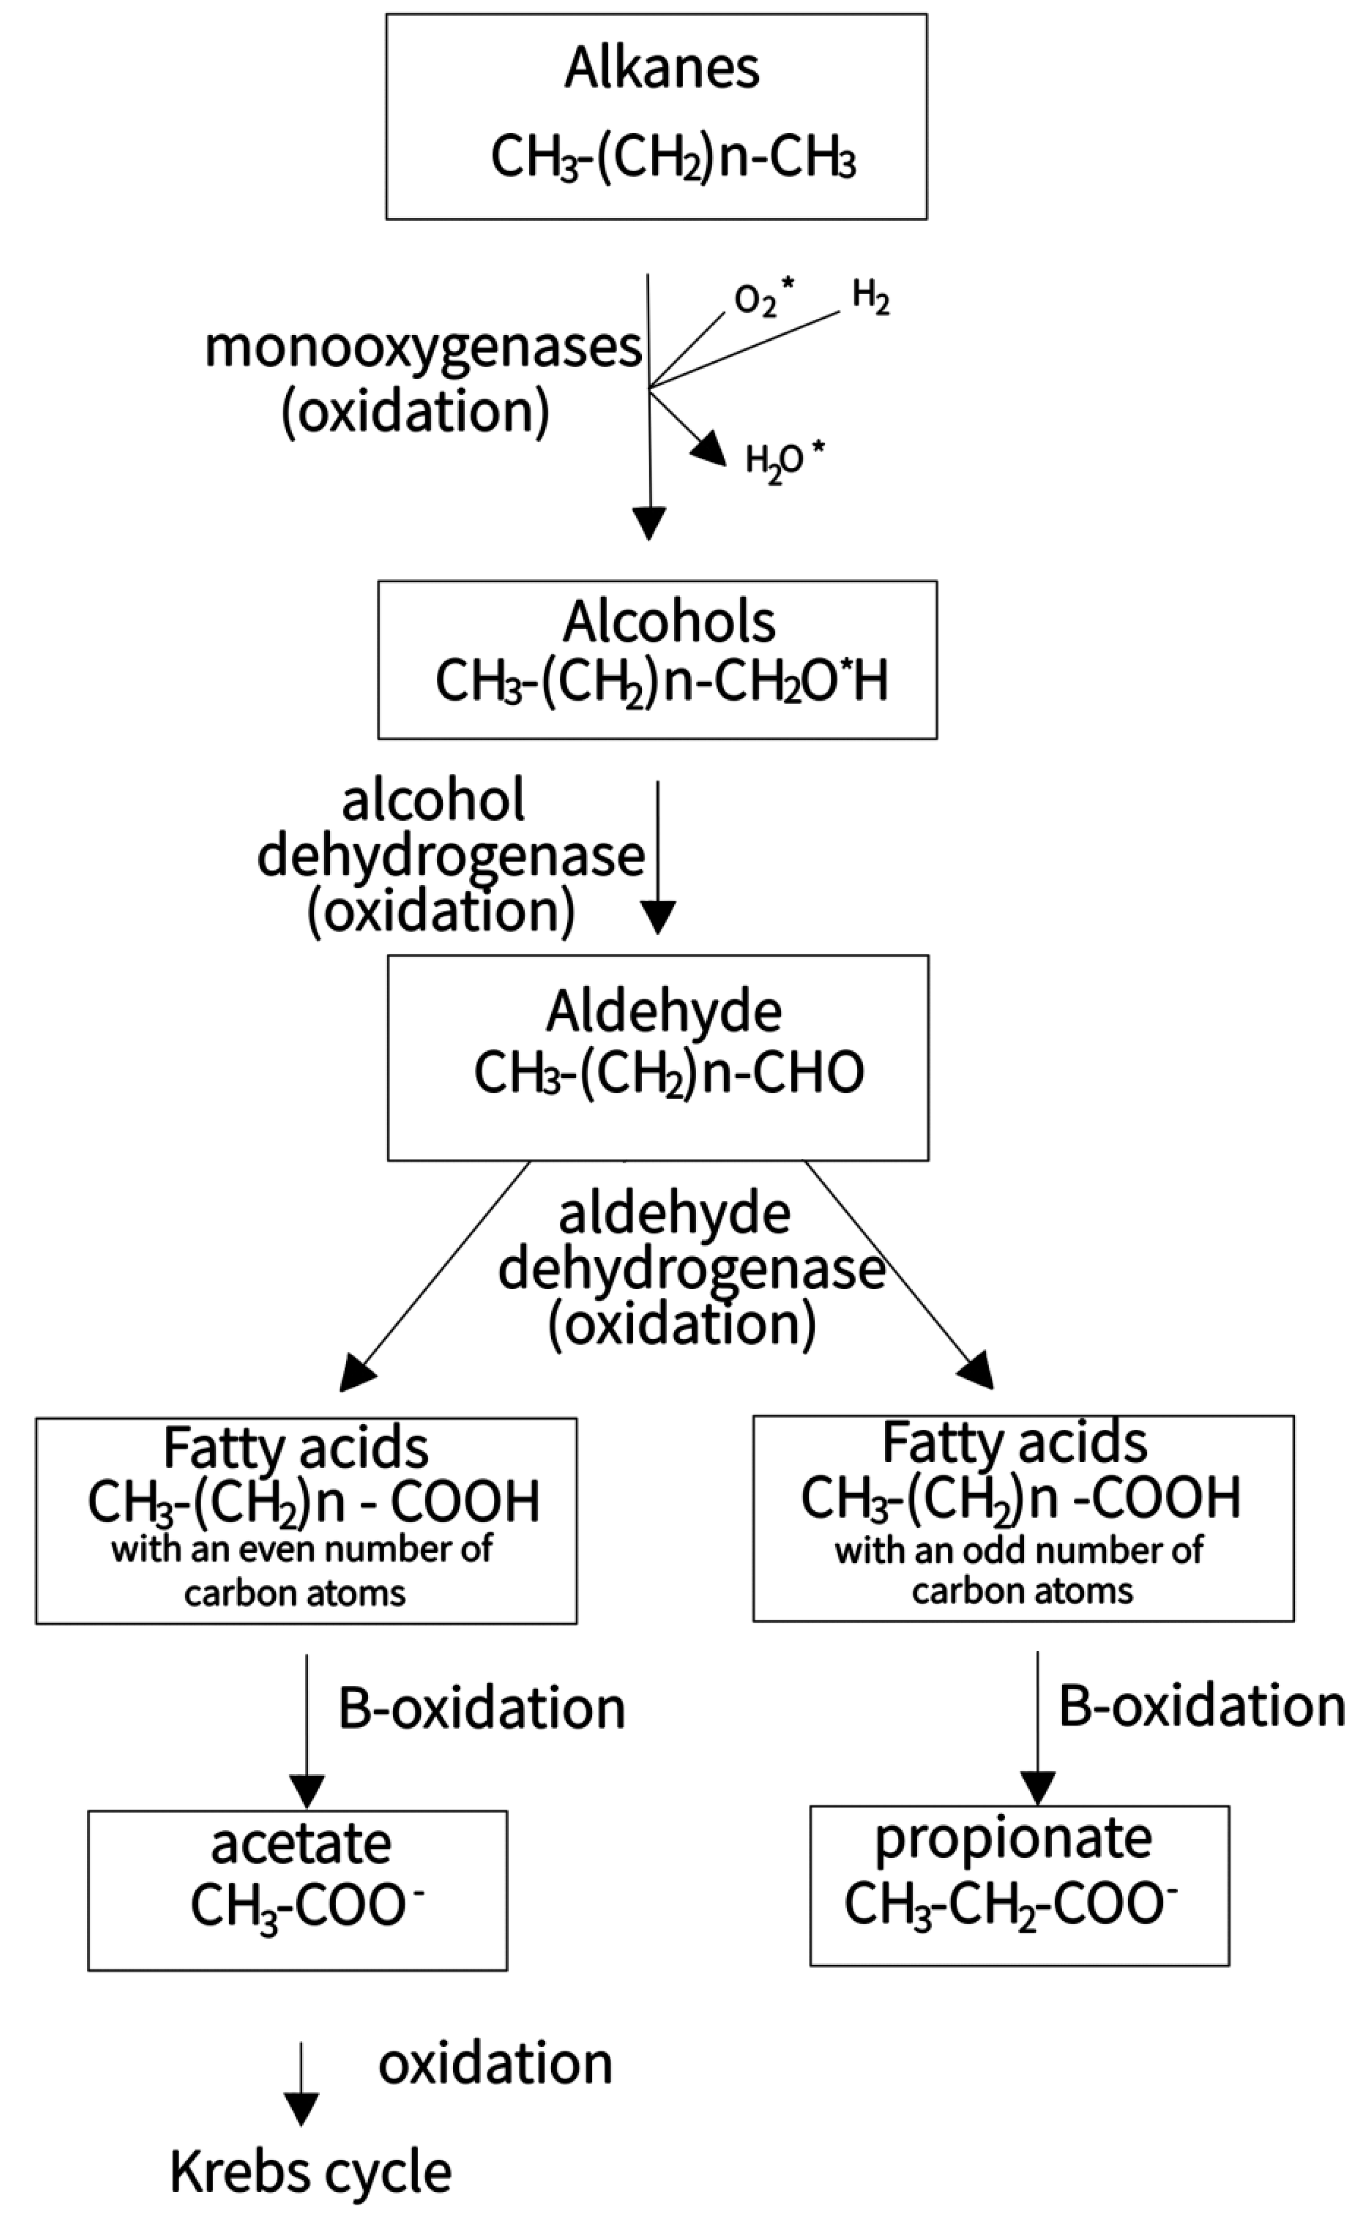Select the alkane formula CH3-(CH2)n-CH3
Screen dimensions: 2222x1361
(x=673, y=157)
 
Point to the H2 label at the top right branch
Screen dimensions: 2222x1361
(x=870, y=297)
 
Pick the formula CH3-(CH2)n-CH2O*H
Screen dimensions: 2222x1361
(x=661, y=681)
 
